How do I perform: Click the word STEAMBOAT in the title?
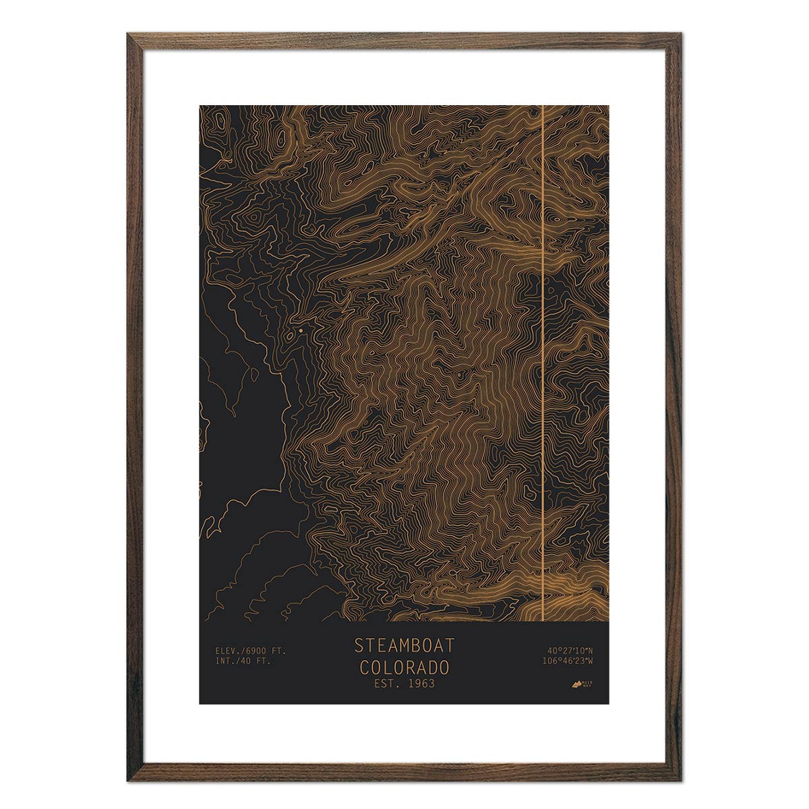coord(404,645)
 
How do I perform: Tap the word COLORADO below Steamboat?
coord(404,668)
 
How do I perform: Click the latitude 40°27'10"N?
coord(570,651)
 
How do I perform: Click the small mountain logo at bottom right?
coord(576,684)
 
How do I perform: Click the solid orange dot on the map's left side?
coord(292,332)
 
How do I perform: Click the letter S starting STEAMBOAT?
coord(359,645)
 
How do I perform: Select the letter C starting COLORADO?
coord(364,668)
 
